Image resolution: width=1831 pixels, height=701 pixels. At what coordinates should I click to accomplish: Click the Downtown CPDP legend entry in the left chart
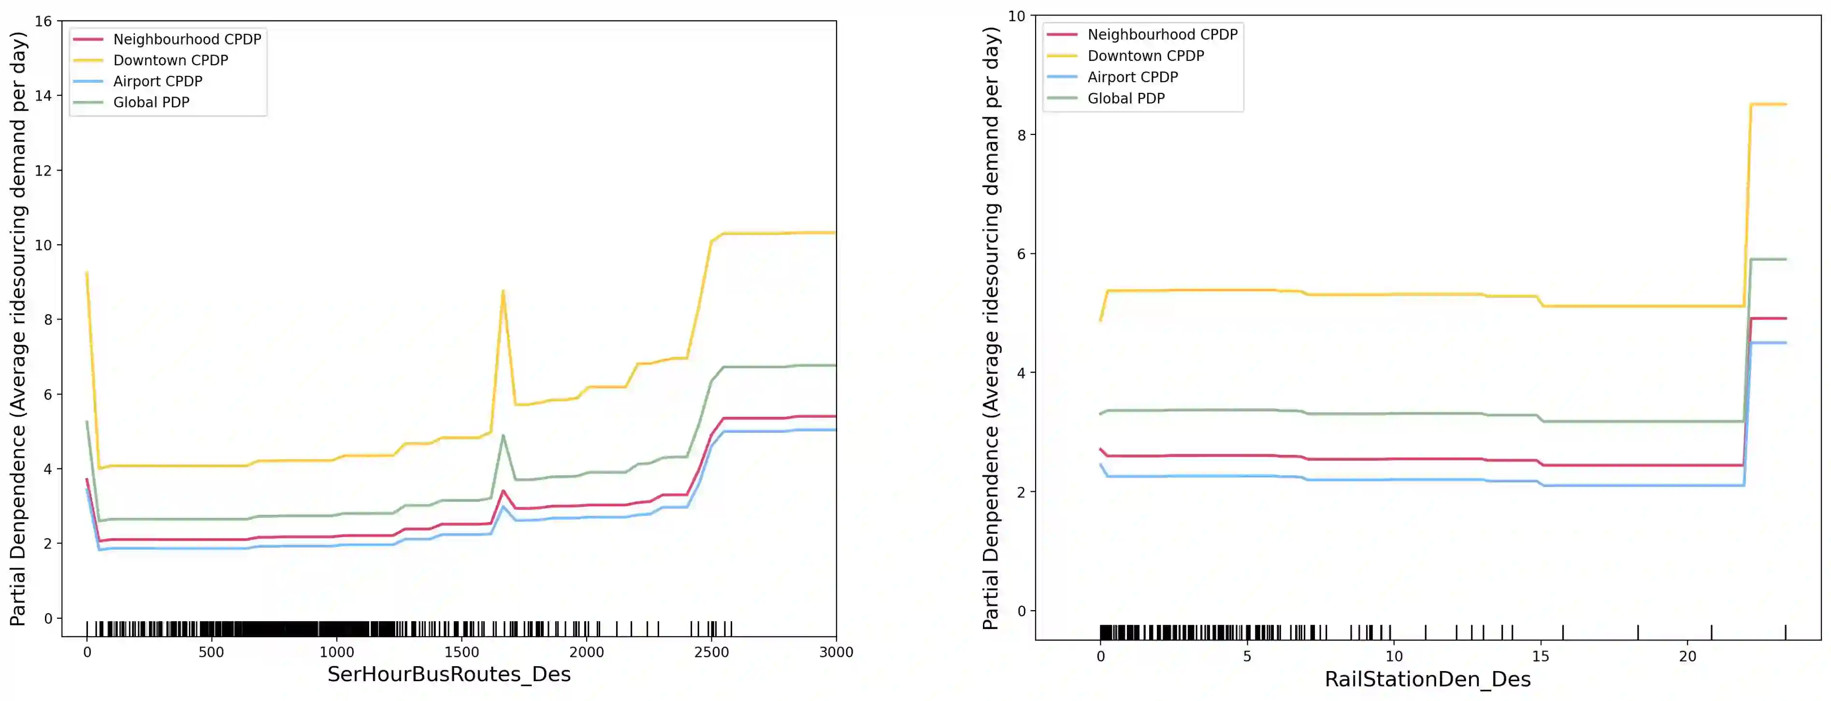pos(171,60)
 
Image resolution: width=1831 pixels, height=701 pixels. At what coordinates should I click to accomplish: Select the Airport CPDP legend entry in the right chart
pos(1132,77)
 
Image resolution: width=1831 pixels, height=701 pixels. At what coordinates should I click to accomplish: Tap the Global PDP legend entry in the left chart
pos(151,102)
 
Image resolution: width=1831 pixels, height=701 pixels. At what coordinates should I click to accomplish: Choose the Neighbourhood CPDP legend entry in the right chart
pos(1162,34)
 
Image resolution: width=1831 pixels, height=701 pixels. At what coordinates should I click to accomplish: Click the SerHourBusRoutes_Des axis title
pos(448,674)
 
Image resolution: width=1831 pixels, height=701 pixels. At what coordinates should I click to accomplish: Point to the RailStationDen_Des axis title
pos(1427,679)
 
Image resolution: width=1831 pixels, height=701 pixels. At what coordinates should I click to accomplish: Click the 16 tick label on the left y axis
pos(43,21)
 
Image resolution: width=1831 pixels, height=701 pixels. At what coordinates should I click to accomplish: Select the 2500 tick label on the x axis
pos(711,653)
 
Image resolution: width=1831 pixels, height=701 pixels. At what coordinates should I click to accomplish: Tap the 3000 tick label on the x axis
pos(836,653)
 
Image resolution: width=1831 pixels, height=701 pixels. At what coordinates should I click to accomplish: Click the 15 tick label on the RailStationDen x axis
pos(1540,656)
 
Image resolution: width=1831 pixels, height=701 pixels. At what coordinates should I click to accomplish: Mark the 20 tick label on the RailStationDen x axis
pos(1687,656)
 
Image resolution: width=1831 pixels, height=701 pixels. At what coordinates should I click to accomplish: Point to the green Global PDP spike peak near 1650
pos(503,435)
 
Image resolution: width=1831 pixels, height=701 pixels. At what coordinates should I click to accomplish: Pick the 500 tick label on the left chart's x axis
pos(211,653)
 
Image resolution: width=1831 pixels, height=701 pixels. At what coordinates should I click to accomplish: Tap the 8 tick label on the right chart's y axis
pos(1022,135)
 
